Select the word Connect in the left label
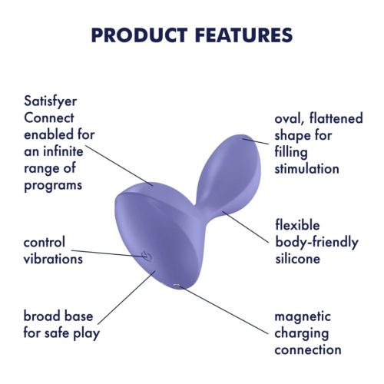(x=48, y=118)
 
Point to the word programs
(x=55, y=185)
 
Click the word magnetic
(x=303, y=316)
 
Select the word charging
(x=301, y=333)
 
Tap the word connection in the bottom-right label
(x=308, y=349)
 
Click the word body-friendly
(x=316, y=243)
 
